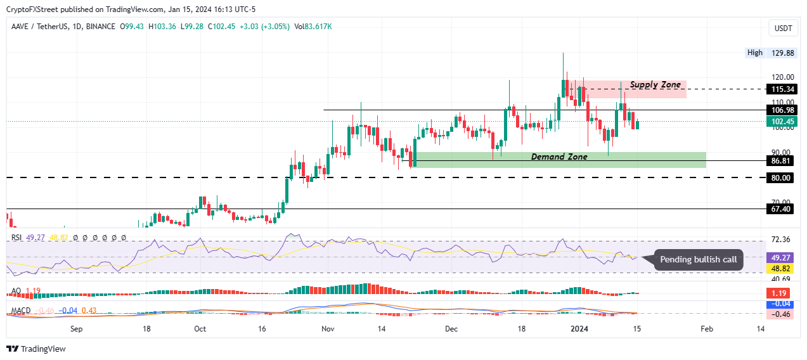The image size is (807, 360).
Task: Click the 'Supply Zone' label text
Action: click(x=655, y=85)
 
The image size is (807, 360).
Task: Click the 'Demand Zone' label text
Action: click(x=558, y=157)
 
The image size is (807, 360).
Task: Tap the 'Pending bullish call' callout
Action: click(x=698, y=259)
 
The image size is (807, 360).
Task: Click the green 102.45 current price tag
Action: click(x=781, y=121)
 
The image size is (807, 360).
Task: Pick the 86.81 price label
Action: click(x=781, y=161)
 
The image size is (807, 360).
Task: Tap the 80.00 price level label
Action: click(x=781, y=178)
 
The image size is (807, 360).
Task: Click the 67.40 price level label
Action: click(x=781, y=209)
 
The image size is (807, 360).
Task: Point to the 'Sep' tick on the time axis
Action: click(x=76, y=329)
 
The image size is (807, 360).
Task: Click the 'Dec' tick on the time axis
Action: click(x=451, y=329)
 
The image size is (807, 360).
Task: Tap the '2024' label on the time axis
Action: click(x=580, y=329)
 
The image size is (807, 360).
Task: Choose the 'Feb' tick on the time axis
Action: click(x=707, y=329)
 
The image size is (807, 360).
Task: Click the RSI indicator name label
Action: click(x=17, y=238)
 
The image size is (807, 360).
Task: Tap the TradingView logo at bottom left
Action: click(x=36, y=349)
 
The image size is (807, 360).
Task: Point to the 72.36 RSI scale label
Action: click(x=781, y=239)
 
